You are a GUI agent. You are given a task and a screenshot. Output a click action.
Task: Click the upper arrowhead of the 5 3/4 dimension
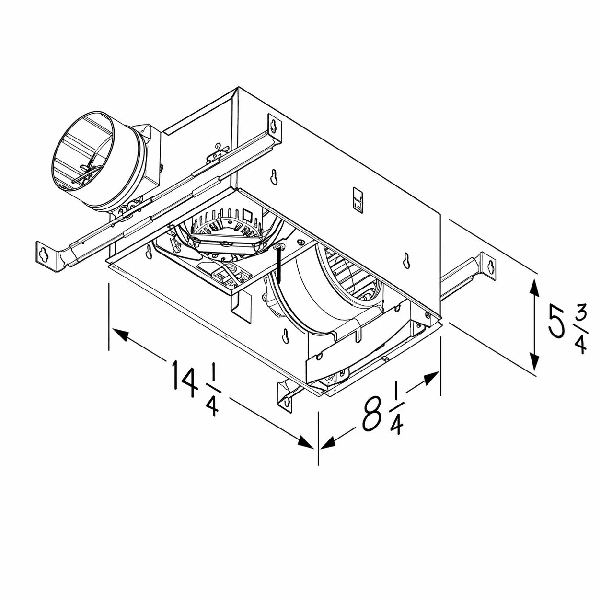pyautogui.click(x=535, y=288)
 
